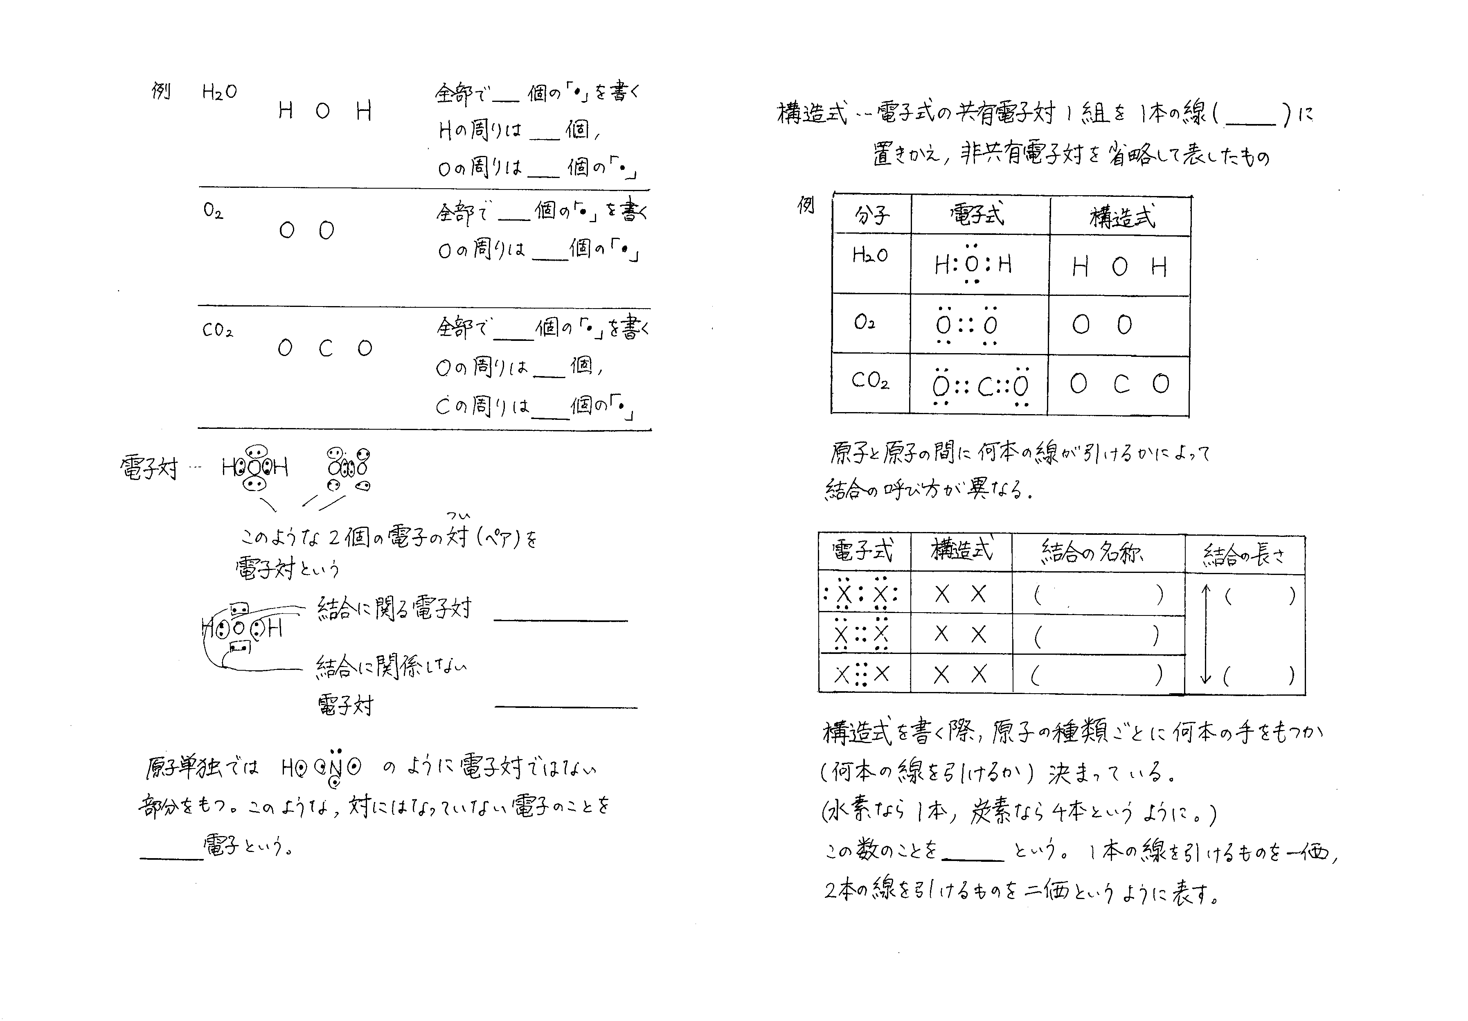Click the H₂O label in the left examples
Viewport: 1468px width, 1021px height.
(219, 93)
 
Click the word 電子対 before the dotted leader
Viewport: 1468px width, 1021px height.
(149, 469)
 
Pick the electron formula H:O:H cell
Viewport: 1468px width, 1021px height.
(973, 264)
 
